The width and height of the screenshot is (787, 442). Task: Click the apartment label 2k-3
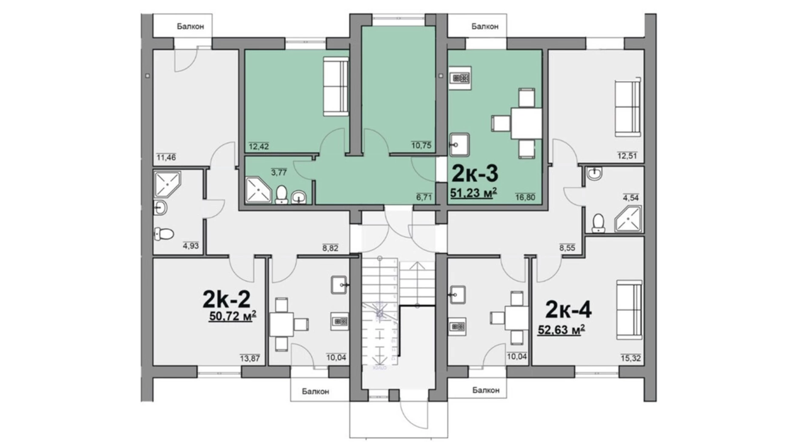point(474,173)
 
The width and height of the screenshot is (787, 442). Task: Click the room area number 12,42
point(259,147)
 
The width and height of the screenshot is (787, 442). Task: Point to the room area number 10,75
point(421,145)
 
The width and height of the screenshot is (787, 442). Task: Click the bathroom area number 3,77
point(279,172)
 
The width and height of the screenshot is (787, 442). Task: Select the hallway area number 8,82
point(330,248)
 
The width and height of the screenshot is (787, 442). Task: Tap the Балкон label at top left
point(190,26)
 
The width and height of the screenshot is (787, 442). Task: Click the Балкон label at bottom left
point(315,391)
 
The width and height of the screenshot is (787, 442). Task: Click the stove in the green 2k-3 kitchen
point(460,78)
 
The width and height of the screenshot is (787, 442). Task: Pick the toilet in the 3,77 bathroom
point(281,195)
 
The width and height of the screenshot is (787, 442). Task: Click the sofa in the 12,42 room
point(336,87)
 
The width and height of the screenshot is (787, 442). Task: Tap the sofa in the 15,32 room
point(629,310)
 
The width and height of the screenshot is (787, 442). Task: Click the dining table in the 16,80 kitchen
point(526,124)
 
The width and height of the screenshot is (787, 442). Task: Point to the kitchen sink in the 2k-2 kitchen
point(339,285)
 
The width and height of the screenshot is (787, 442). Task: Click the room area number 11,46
point(166,158)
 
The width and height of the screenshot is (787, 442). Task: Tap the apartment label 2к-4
point(568,310)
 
